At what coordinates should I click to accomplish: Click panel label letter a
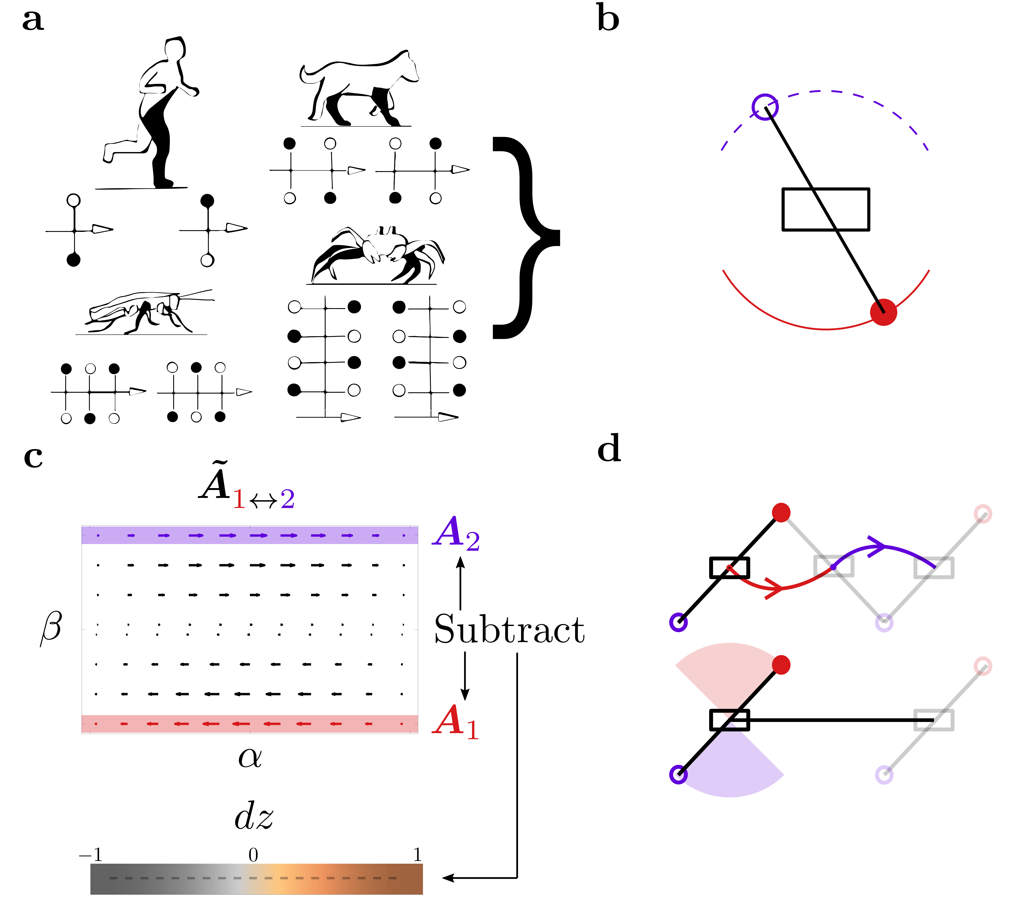(33, 21)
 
